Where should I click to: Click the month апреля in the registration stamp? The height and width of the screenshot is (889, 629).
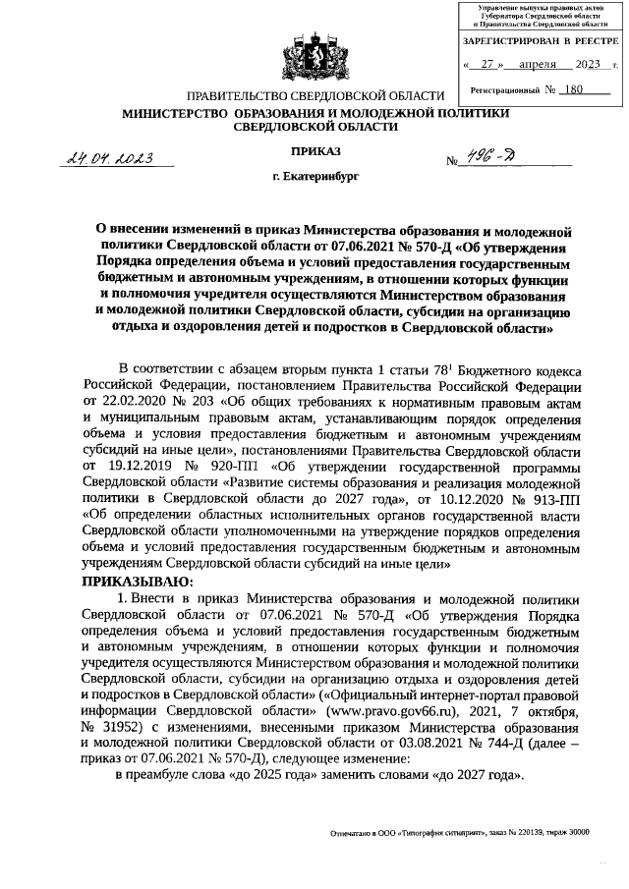coord(537,65)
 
